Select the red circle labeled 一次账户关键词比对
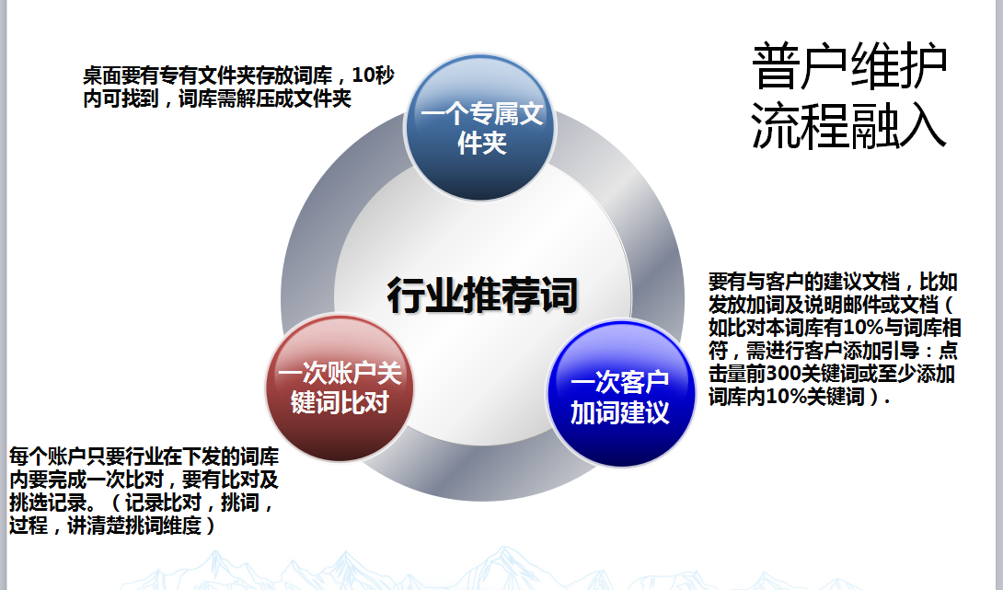tap(339, 388)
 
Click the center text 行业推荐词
tap(482, 295)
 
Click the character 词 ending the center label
tap(559, 295)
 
